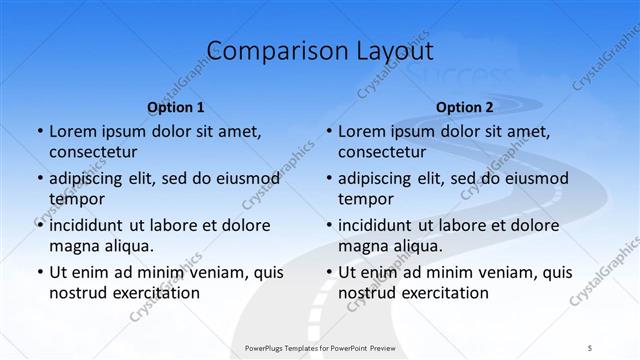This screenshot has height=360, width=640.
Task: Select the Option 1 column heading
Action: [175, 107]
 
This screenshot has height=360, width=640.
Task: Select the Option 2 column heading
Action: [464, 107]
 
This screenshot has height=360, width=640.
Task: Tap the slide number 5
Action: [590, 347]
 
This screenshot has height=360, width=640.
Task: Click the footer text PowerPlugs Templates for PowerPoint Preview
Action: [319, 347]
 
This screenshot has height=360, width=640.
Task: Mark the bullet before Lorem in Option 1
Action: [39, 131]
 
